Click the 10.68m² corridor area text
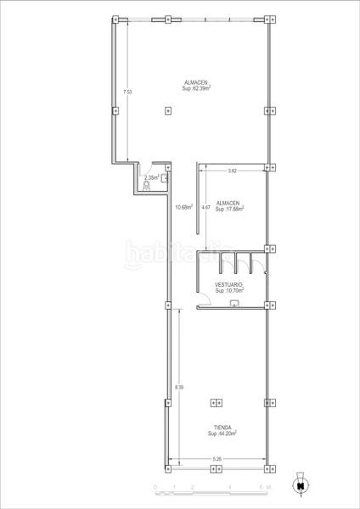coord(183,207)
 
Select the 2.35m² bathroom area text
coord(151,177)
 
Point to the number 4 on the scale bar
coord(230,486)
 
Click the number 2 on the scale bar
coord(193,486)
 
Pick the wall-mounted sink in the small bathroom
coord(164,178)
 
